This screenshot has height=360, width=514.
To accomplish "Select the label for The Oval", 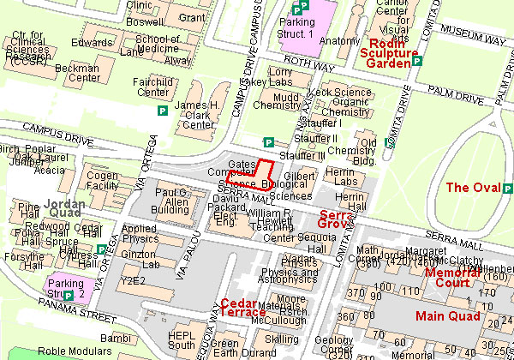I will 471,188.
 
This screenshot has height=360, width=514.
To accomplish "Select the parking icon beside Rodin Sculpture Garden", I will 417,62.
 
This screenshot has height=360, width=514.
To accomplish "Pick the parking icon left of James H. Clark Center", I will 162,111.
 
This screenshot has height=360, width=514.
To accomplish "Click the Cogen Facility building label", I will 102,180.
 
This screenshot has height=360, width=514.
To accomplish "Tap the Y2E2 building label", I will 134,279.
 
